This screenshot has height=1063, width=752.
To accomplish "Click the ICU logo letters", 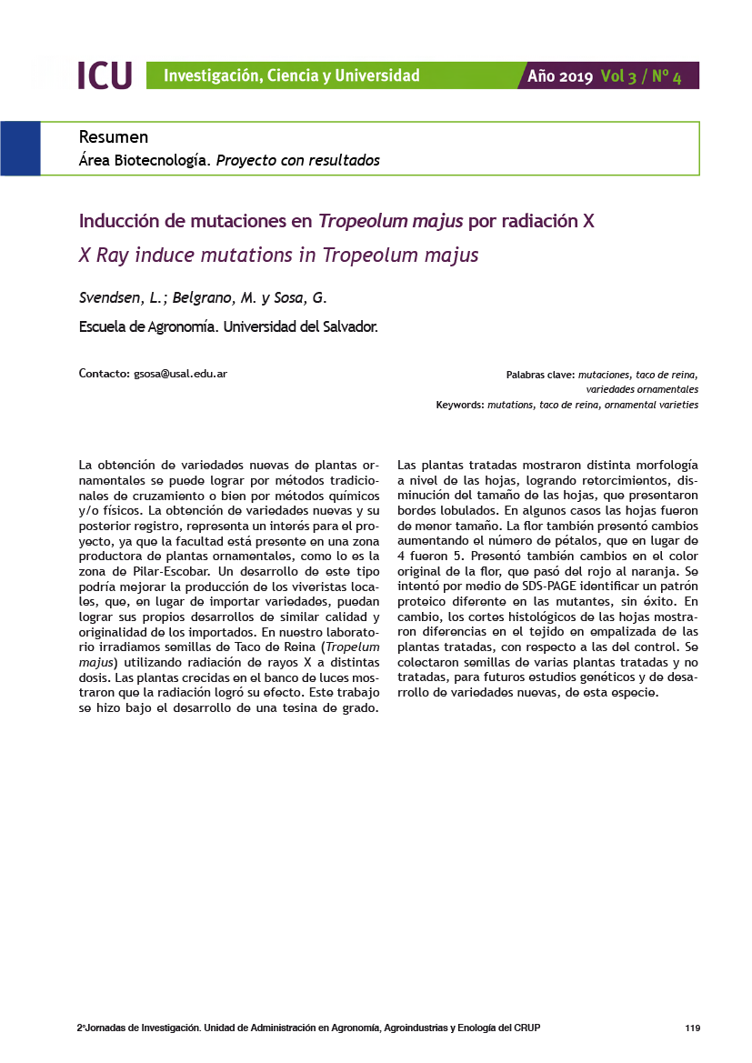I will [105, 75].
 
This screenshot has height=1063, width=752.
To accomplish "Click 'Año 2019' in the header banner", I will [560, 76].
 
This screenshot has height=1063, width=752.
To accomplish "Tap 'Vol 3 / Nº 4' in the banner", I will [641, 76].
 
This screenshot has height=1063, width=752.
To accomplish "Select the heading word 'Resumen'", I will [114, 137].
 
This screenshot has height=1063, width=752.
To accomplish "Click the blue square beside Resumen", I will [20, 148].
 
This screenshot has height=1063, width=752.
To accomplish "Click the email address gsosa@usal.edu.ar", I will [180, 374].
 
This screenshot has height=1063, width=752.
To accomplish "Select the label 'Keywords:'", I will [460, 405].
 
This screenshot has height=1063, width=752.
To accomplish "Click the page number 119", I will [692, 1028].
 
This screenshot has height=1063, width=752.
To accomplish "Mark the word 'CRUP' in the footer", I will [527, 1028].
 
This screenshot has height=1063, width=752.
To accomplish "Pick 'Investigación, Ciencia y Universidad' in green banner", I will [291, 76].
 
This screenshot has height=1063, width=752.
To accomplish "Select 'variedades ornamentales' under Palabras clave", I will [642, 389].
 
